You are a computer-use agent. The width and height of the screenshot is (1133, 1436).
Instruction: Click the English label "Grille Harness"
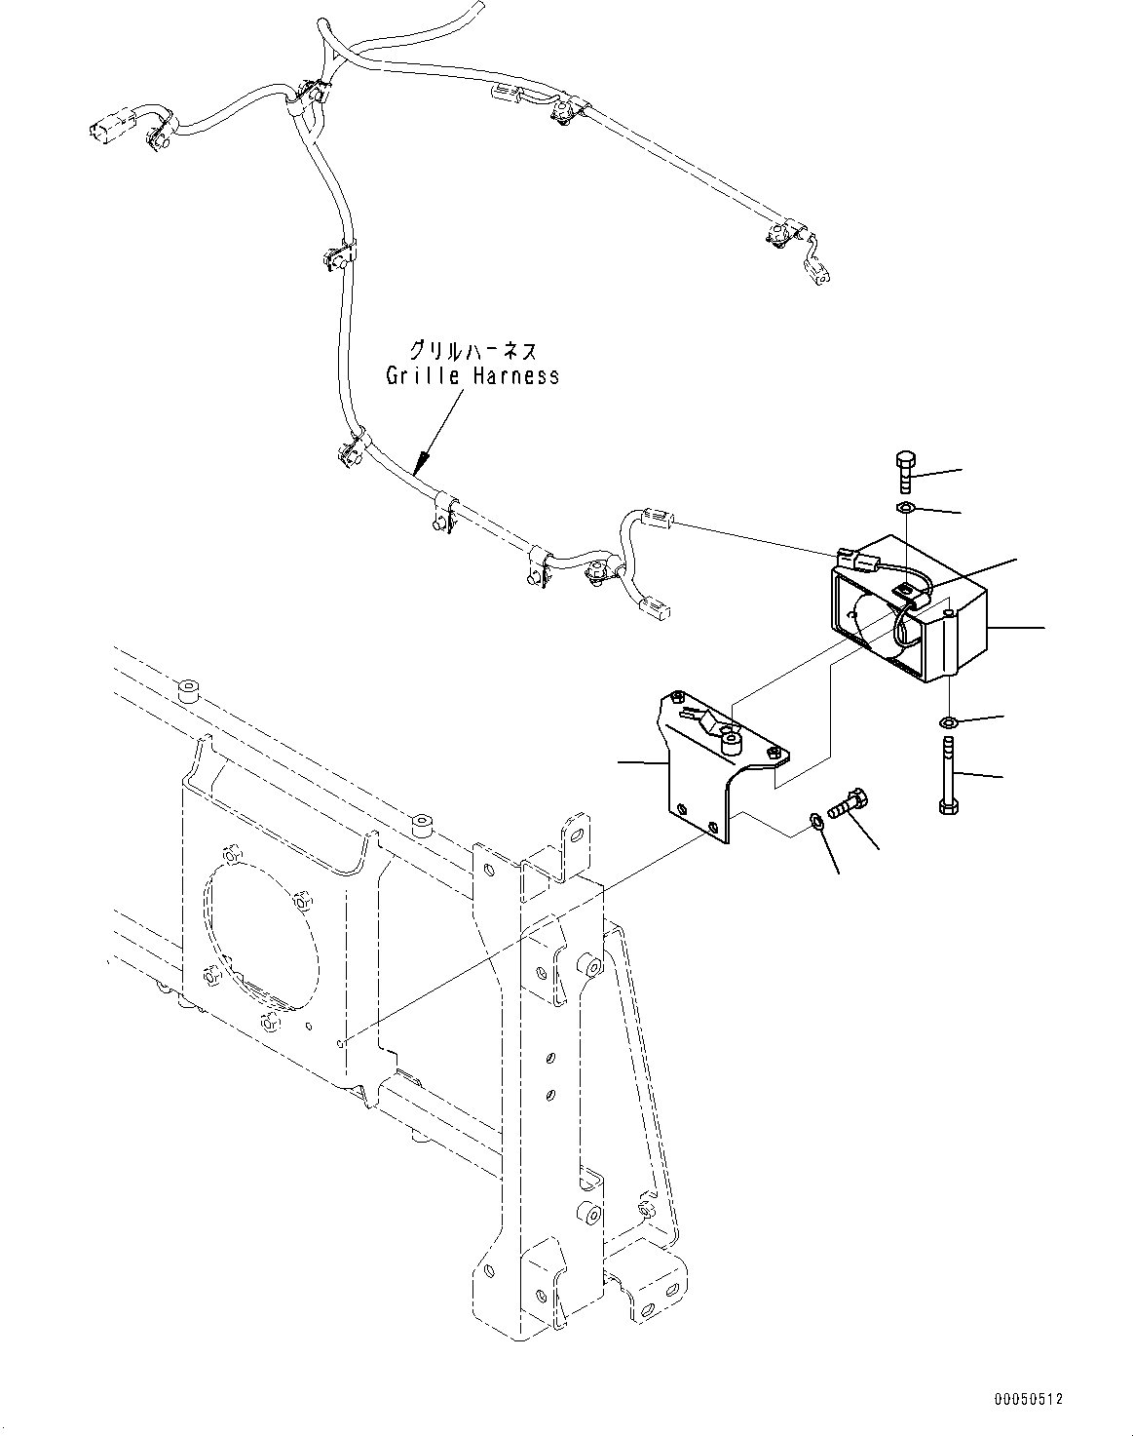point(472,376)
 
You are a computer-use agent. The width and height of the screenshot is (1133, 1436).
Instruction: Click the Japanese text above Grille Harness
point(472,350)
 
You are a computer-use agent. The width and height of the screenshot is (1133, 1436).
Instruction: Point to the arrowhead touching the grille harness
point(421,462)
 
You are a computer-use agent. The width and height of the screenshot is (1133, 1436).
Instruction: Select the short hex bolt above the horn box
point(905,472)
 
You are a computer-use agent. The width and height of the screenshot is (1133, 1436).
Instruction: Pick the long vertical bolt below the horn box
point(949,774)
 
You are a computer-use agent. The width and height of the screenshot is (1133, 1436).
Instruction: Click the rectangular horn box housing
point(908,608)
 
